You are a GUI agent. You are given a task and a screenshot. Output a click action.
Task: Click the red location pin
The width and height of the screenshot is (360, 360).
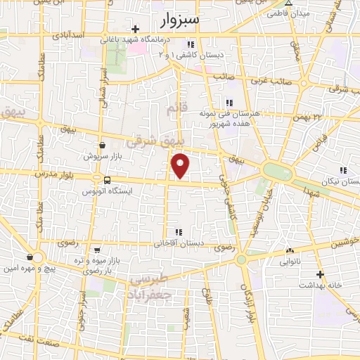click(x=181, y=165)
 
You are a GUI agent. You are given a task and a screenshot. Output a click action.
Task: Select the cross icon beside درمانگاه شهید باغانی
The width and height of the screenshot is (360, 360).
click(x=136, y=30)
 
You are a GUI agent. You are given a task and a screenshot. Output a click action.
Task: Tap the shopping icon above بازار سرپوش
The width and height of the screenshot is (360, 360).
click(x=103, y=144)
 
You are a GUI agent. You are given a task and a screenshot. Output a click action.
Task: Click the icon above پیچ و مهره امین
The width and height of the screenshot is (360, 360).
click(x=30, y=257)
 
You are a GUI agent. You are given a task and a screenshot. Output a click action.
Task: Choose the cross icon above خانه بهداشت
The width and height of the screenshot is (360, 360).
click(x=321, y=274)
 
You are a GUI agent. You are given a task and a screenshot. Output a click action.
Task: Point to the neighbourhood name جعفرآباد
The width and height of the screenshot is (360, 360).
click(x=150, y=290)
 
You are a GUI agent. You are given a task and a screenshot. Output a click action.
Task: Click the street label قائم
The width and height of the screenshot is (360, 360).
click(x=173, y=109)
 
